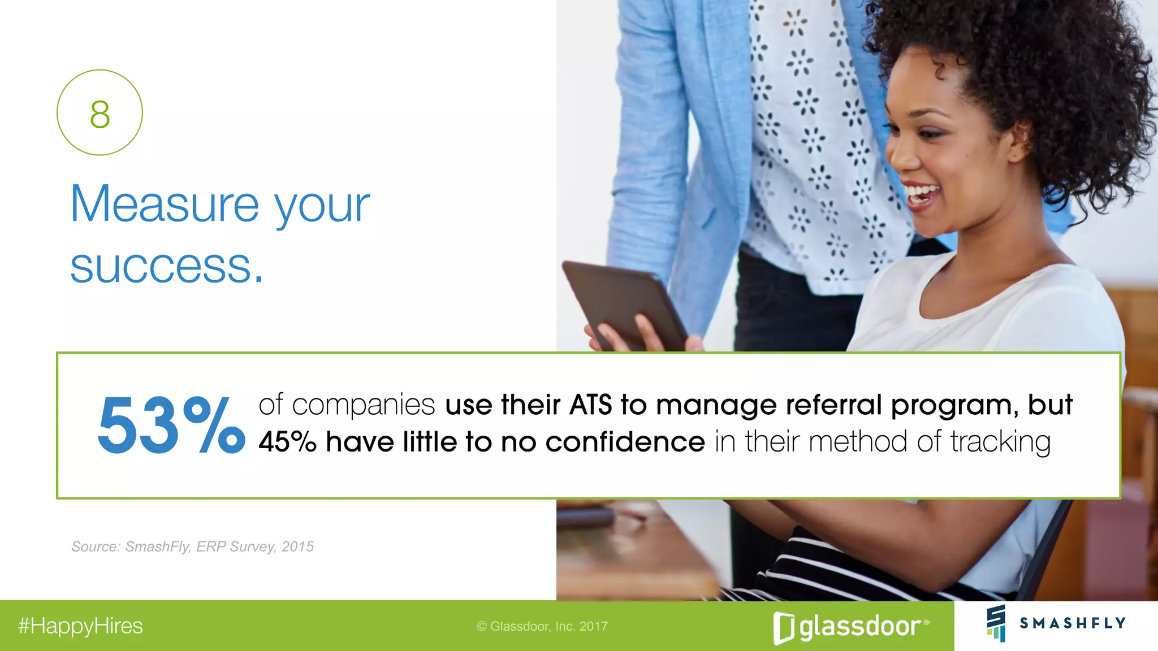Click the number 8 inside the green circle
coord(100,114)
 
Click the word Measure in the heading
coord(165,205)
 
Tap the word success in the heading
coord(161,267)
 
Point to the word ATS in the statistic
coord(590,405)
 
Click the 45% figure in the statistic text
coord(287,442)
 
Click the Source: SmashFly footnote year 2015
coord(297,546)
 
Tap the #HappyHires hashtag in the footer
coord(80,626)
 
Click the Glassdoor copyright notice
coord(542,626)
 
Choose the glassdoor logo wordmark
coord(859,627)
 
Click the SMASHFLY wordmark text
coord(1072,623)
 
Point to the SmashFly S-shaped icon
coord(996,623)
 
